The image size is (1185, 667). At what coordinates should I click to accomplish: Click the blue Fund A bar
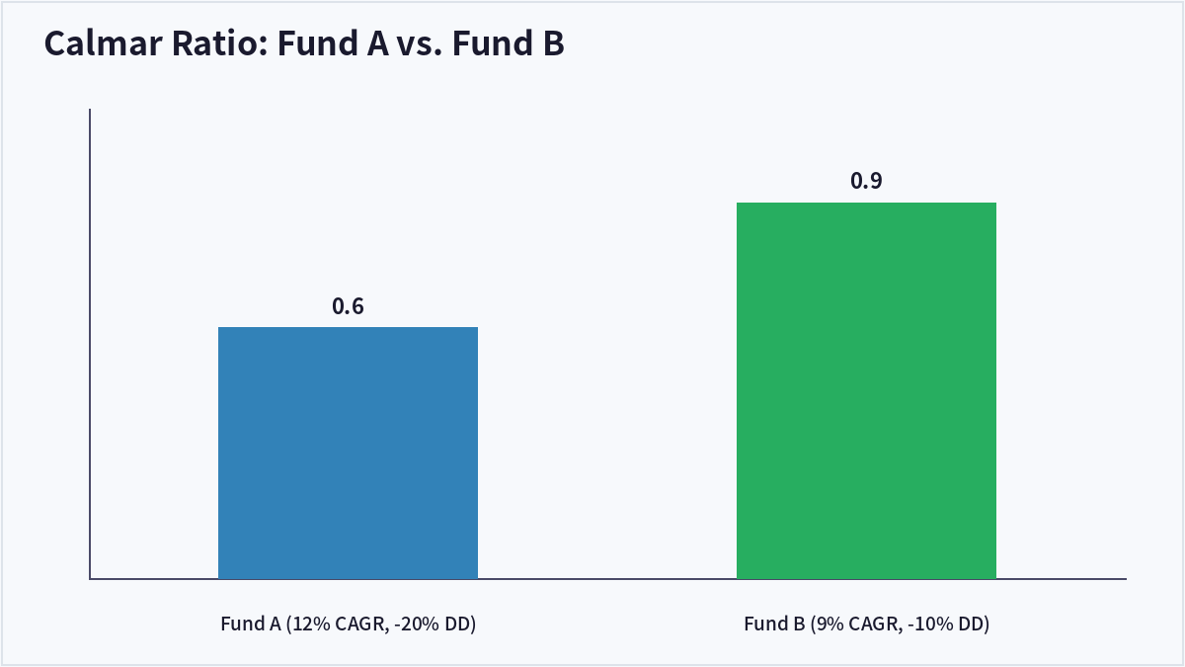pos(348,454)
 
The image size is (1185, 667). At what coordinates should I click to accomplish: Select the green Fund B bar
pos(867,390)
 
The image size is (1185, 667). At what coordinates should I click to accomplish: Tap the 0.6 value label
pos(348,306)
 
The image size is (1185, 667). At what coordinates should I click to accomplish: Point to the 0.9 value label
pos(867,181)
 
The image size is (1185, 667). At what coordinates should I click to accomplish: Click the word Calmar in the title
pos(104,42)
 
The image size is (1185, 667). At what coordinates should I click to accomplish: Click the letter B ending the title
pos(553,42)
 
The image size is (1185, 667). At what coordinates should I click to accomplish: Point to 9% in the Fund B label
pos(827,624)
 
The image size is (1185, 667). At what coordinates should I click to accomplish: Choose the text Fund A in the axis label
pos(251,624)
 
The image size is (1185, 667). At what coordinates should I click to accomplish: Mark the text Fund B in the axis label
pos(774,624)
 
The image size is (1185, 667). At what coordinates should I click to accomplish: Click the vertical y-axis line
pos(90,344)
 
